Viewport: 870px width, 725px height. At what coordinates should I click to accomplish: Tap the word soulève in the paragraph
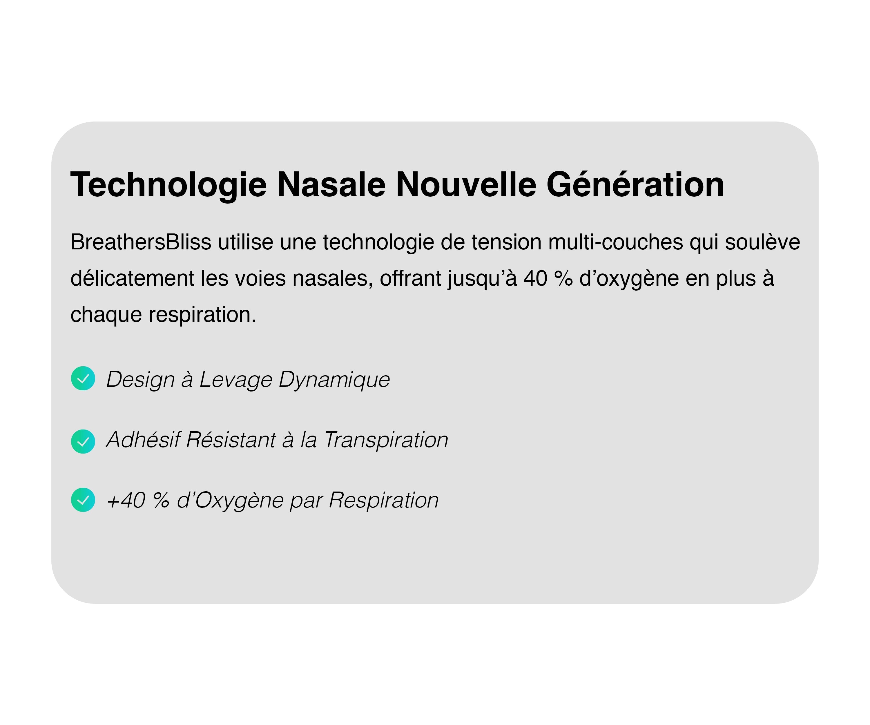pos(763,242)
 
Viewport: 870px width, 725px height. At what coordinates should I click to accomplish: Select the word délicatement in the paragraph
pos(133,278)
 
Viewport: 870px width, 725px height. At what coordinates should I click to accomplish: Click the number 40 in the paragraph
pos(536,278)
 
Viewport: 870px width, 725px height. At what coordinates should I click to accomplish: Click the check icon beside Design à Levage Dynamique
pos(83,378)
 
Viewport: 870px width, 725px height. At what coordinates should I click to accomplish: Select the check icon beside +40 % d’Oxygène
pos(83,500)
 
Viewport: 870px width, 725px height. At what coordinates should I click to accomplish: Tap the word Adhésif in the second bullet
pos(143,440)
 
